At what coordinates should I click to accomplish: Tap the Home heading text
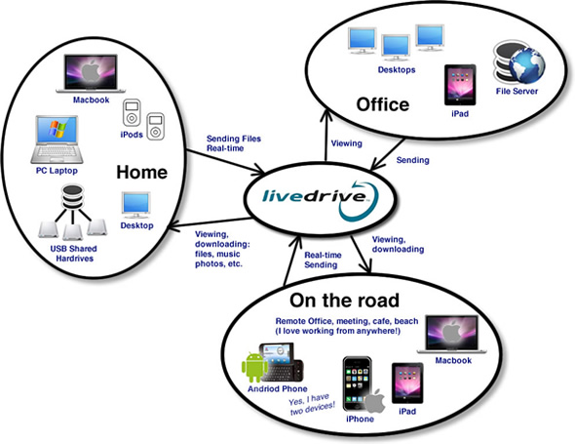pyautogui.click(x=142, y=173)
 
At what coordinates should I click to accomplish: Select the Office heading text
pyautogui.click(x=383, y=104)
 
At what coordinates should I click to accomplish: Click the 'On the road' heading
pyautogui.click(x=344, y=301)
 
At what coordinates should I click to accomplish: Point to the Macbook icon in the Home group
pyautogui.click(x=91, y=73)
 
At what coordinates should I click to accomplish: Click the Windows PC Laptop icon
pyautogui.click(x=57, y=140)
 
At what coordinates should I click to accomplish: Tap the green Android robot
pyautogui.click(x=254, y=367)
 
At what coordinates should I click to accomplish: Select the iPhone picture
pyautogui.click(x=358, y=383)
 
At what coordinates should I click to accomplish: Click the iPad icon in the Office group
pyautogui.click(x=460, y=85)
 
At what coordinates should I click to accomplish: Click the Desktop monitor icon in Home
pyautogui.click(x=136, y=205)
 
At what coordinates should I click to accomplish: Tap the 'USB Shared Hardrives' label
pyautogui.click(x=74, y=254)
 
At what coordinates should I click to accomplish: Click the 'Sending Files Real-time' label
pyautogui.click(x=234, y=143)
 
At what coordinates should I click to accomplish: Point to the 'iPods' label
pyautogui.click(x=132, y=135)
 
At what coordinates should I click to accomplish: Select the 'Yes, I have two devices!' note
pyautogui.click(x=312, y=404)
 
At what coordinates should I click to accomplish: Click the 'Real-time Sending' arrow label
pyautogui.click(x=323, y=260)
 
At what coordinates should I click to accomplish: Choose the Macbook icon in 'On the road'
pyautogui.click(x=452, y=334)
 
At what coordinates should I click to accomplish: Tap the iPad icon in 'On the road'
pyautogui.click(x=407, y=383)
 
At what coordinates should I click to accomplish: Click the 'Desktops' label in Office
pyautogui.click(x=397, y=70)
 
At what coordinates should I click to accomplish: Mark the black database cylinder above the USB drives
pyautogui.click(x=73, y=197)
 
